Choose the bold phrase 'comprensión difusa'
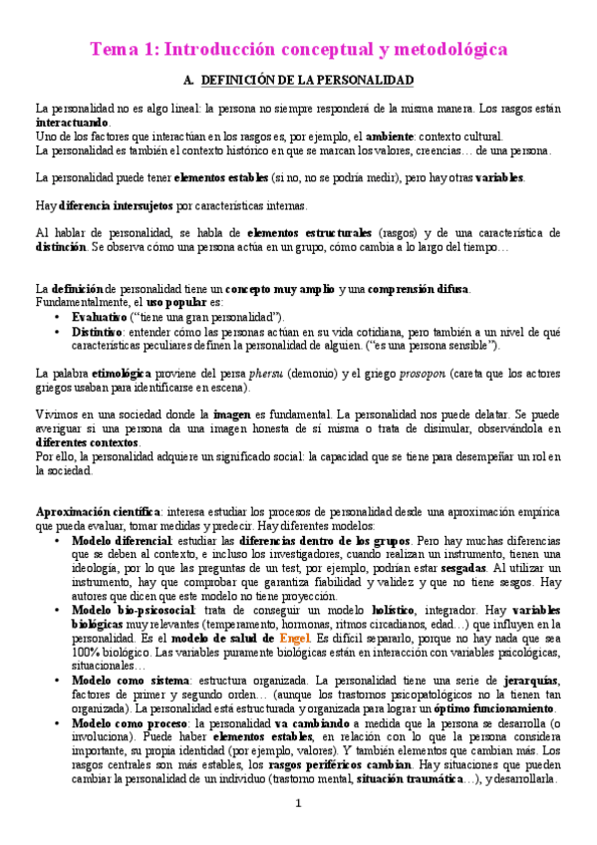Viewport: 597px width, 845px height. click(418, 289)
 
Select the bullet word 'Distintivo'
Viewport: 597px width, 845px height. click(101, 330)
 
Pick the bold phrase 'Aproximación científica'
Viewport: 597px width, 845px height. click(92, 511)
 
